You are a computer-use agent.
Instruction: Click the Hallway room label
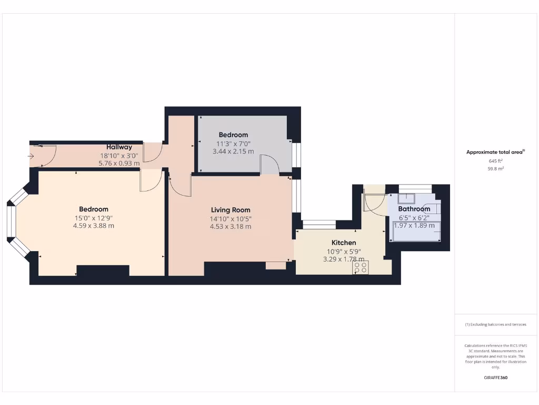[119, 147]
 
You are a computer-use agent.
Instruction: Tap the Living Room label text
[231, 210]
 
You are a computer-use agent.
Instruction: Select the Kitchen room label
[343, 243]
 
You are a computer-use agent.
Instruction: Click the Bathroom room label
[414, 209]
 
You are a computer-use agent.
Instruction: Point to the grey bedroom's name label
[233, 135]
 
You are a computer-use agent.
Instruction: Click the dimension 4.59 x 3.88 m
[94, 226]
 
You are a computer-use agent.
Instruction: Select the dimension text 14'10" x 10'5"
[231, 218]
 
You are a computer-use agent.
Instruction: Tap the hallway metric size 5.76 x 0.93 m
[119, 163]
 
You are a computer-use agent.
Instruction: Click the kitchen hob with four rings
[361, 267]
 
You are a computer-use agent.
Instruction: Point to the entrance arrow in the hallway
[32, 156]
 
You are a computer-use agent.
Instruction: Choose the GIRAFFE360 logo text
[495, 378]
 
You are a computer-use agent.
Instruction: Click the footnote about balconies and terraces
[495, 324]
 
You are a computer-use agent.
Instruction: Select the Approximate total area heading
[495, 152]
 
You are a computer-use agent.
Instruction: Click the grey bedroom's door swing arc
[270, 163]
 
